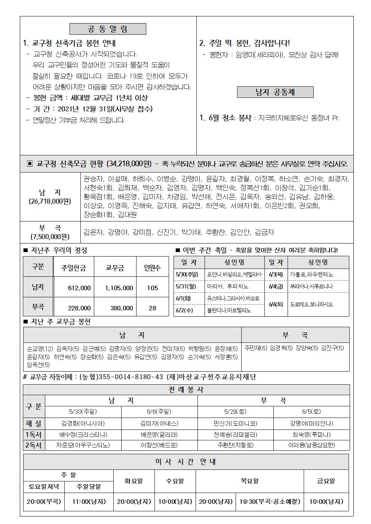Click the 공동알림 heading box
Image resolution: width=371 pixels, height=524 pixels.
click(108, 29)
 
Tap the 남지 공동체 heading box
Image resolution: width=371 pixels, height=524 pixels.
click(275, 92)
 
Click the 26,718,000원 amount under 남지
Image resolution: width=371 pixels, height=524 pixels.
click(50, 201)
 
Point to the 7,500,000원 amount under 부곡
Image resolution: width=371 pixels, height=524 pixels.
click(50, 236)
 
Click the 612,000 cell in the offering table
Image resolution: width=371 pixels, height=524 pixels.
click(79, 288)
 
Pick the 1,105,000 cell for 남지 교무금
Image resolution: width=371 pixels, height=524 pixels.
click(119, 288)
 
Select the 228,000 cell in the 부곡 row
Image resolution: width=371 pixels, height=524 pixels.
click(79, 308)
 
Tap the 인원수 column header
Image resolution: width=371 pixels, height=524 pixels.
click(152, 267)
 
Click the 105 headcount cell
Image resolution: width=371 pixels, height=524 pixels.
click(152, 288)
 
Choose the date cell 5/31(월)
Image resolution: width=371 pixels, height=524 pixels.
click(186, 286)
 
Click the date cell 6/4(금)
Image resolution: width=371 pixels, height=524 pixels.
click(276, 286)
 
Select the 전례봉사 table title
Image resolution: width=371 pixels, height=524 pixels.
click(186, 390)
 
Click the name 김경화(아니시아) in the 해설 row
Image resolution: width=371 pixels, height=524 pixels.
click(83, 424)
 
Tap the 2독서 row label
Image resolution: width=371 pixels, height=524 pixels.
click(34, 445)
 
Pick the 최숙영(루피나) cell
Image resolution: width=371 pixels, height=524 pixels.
click(311, 435)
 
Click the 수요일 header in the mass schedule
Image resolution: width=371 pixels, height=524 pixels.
click(175, 481)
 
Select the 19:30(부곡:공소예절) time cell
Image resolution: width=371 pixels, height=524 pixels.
click(270, 502)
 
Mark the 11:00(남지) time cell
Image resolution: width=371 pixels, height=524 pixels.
click(89, 502)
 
